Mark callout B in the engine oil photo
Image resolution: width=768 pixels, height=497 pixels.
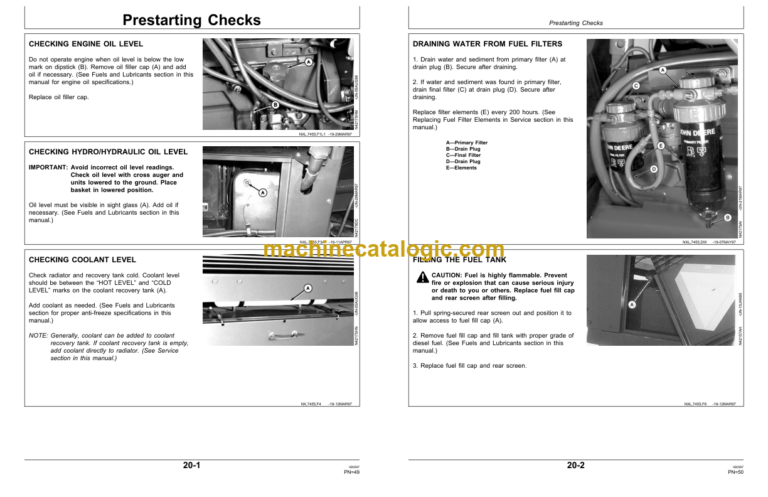click(x=275, y=106)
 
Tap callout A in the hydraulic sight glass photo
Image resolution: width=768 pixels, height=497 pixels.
click(x=262, y=192)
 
